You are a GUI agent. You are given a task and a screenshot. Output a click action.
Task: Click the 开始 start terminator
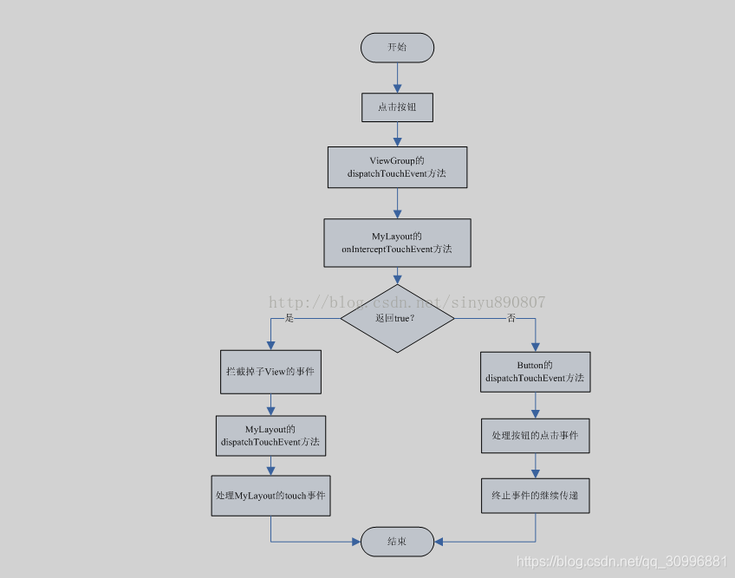point(397,48)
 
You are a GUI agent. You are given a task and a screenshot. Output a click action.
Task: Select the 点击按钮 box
point(397,107)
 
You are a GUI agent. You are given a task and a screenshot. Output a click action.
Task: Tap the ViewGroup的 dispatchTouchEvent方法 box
point(397,167)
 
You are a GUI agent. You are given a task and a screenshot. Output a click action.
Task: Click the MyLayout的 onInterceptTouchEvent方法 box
point(397,243)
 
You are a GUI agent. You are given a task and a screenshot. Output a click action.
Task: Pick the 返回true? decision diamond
point(397,318)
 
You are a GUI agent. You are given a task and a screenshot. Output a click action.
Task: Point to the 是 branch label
point(289,318)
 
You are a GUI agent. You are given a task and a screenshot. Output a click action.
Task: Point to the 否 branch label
point(511,318)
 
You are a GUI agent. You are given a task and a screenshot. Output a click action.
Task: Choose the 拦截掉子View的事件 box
point(270,371)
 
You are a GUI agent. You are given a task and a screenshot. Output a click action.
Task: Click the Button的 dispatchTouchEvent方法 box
point(535,372)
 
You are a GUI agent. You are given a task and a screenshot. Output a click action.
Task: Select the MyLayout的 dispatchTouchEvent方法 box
point(270,435)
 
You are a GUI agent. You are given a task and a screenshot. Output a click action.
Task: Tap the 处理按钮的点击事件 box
point(535,435)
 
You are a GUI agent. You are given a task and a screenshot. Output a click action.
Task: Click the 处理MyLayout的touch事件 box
point(270,496)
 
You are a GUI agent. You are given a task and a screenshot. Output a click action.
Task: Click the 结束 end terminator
point(397,542)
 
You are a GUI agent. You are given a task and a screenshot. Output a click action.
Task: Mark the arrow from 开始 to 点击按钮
point(397,77)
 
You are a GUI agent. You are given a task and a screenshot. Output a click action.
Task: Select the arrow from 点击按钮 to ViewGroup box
point(397,134)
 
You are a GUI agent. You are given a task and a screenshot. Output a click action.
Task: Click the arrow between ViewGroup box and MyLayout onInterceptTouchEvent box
point(397,203)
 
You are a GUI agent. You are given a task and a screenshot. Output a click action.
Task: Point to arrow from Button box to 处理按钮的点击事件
point(535,405)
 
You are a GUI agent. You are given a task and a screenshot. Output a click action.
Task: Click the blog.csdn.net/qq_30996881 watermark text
point(621,562)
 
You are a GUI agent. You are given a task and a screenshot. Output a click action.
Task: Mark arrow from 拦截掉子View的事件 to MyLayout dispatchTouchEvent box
point(270,405)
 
